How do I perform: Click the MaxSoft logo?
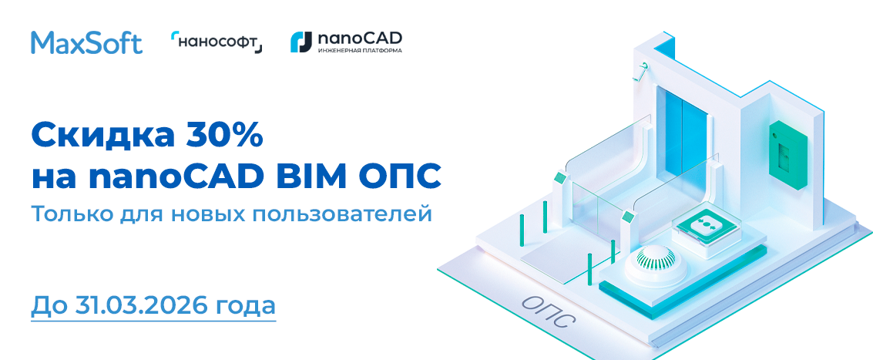click(x=87, y=42)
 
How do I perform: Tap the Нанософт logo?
click(x=217, y=42)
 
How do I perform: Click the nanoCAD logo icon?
click(x=301, y=42)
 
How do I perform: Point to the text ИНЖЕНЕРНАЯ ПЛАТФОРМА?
click(x=360, y=50)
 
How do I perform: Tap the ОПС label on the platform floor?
click(x=549, y=311)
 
